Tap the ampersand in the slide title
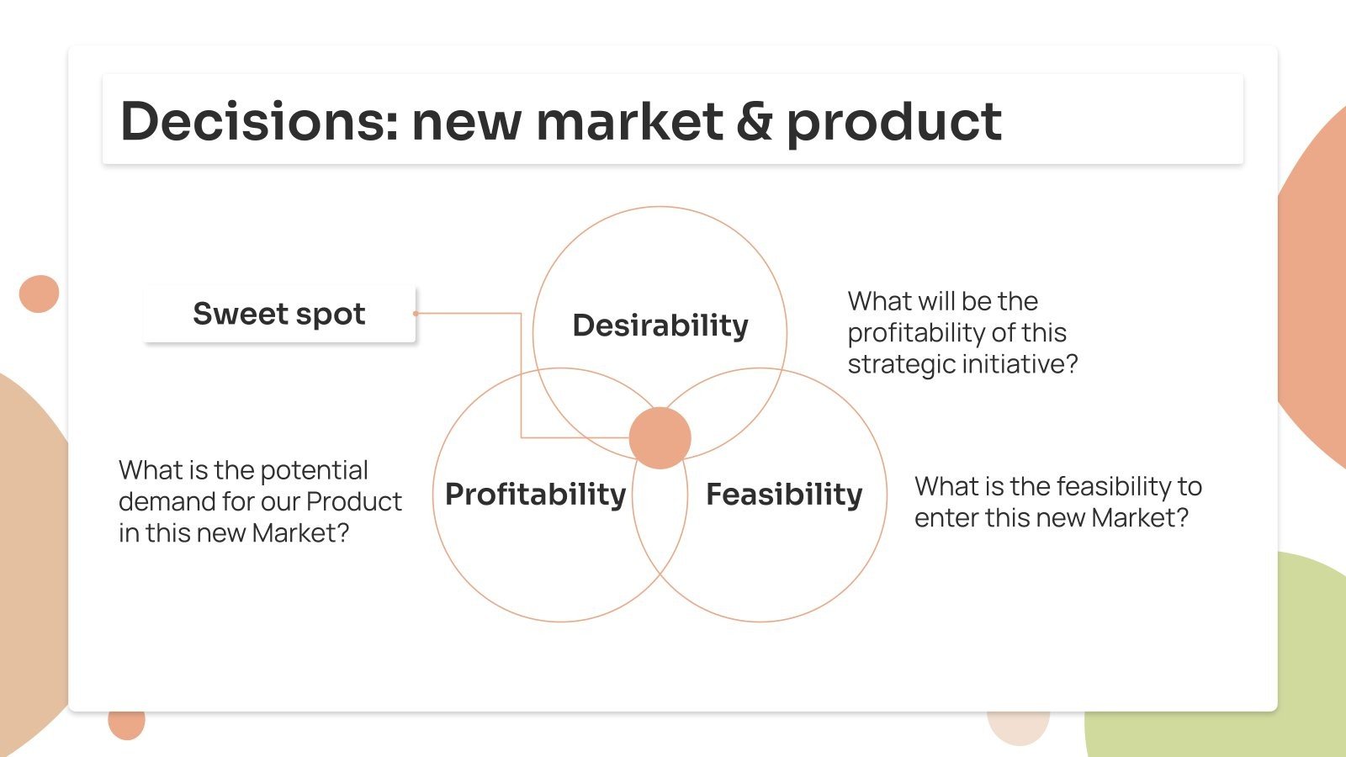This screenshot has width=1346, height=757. coord(754,121)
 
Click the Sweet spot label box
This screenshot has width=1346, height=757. coord(279,314)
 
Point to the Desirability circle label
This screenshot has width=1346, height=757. coord(660,325)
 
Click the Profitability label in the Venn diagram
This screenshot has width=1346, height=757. coord(535,494)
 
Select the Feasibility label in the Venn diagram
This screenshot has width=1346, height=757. coord(784,494)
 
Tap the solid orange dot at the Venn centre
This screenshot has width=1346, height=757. coord(660,438)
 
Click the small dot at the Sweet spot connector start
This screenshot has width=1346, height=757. coord(416,314)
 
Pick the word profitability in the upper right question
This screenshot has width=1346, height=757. coord(917,333)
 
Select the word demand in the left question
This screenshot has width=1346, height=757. coord(167,501)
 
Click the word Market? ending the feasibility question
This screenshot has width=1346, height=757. coord(1140,517)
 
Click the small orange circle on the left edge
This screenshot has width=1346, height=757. coord(39,294)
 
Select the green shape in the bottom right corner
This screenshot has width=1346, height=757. coord(1245,673)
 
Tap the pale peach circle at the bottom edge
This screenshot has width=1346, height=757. coord(1018,727)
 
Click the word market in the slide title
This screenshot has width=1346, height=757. coord(628,121)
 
